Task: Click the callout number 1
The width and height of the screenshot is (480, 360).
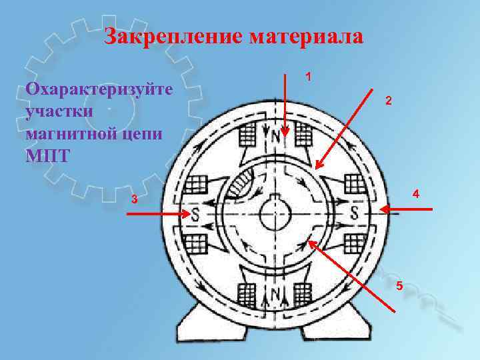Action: tap(308, 77)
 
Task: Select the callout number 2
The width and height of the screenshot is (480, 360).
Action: tap(389, 101)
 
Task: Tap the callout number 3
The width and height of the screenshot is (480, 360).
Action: tap(135, 199)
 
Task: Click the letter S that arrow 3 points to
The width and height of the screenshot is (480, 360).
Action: tap(196, 215)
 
